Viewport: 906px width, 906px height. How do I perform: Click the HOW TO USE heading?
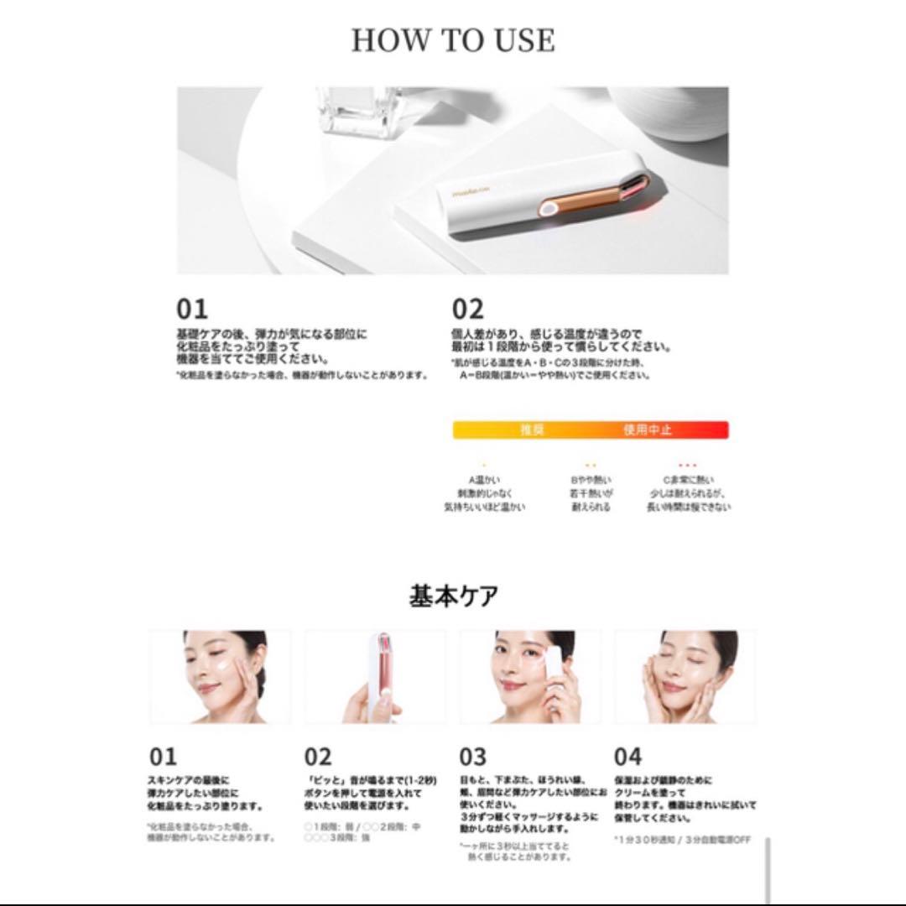tap(452, 40)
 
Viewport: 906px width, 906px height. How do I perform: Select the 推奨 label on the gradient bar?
tap(532, 430)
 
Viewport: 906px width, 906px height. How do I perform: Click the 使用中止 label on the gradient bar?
tap(647, 430)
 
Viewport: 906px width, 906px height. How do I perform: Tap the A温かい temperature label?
tap(485, 480)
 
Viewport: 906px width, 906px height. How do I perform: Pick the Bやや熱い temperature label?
tap(590, 480)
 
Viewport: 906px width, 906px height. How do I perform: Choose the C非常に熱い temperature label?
tap(686, 480)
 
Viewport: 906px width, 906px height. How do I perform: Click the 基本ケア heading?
tap(453, 596)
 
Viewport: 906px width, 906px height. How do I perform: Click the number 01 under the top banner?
tap(191, 310)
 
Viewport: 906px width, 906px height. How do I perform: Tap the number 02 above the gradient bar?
tap(467, 310)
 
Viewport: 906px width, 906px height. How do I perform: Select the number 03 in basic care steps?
tap(473, 757)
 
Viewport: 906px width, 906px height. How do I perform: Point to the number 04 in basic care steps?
tap(627, 757)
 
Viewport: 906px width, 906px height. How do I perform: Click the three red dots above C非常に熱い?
tap(687, 464)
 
